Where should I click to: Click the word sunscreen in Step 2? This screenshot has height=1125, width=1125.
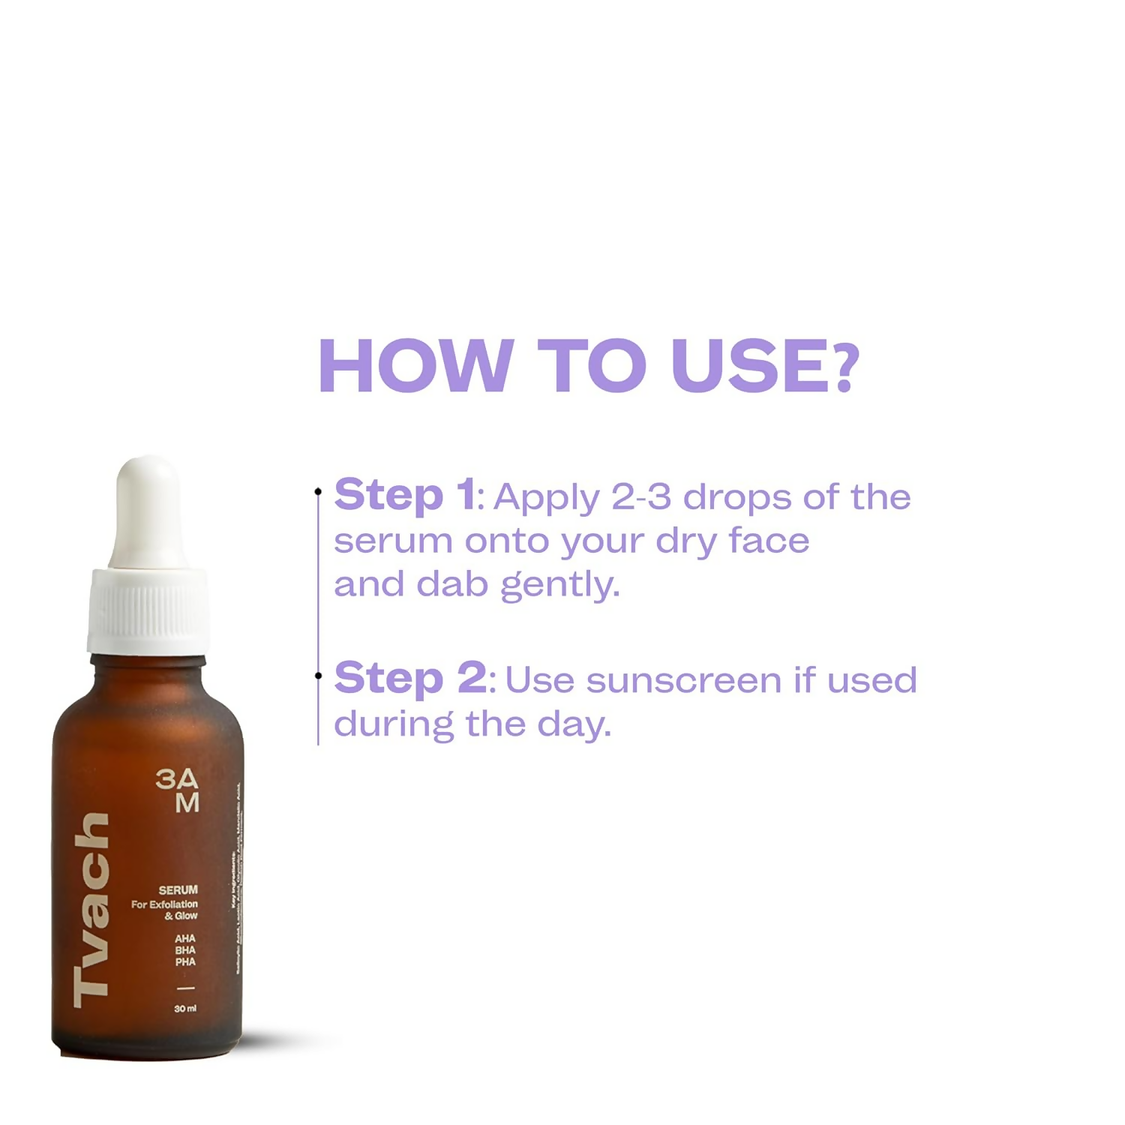(684, 681)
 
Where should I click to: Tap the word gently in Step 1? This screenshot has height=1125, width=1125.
(559, 585)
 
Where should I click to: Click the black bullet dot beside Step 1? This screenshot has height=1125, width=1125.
(318, 492)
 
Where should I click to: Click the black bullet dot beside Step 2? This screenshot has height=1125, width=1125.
(318, 676)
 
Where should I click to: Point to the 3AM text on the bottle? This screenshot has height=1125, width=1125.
(178, 790)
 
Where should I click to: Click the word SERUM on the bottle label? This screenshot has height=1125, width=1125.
(178, 890)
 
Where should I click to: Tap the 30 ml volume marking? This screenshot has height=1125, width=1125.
(185, 1009)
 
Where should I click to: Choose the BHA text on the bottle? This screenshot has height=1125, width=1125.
(185, 950)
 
